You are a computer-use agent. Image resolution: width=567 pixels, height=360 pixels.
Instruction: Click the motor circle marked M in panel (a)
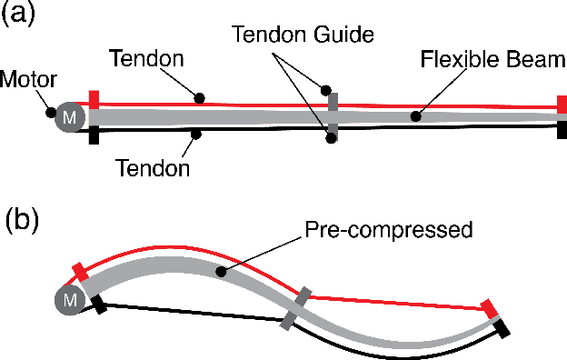pos(68,116)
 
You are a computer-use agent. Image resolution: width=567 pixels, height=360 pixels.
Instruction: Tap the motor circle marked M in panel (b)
pos(68,298)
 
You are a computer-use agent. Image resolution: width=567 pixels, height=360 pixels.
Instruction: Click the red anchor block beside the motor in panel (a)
pos(94,99)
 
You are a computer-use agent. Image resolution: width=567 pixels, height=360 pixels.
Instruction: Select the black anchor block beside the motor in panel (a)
pos(94,135)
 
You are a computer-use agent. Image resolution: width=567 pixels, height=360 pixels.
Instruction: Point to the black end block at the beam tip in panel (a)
pos(562,129)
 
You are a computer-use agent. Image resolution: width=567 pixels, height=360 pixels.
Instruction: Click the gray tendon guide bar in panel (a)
pos(333,115)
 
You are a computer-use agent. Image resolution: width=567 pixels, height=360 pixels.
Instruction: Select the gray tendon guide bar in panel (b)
pos(296,308)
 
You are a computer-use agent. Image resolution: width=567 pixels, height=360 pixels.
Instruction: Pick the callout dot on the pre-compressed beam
pos(218,270)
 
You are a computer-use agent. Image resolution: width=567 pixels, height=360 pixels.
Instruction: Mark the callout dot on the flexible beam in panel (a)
pos(415,116)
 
